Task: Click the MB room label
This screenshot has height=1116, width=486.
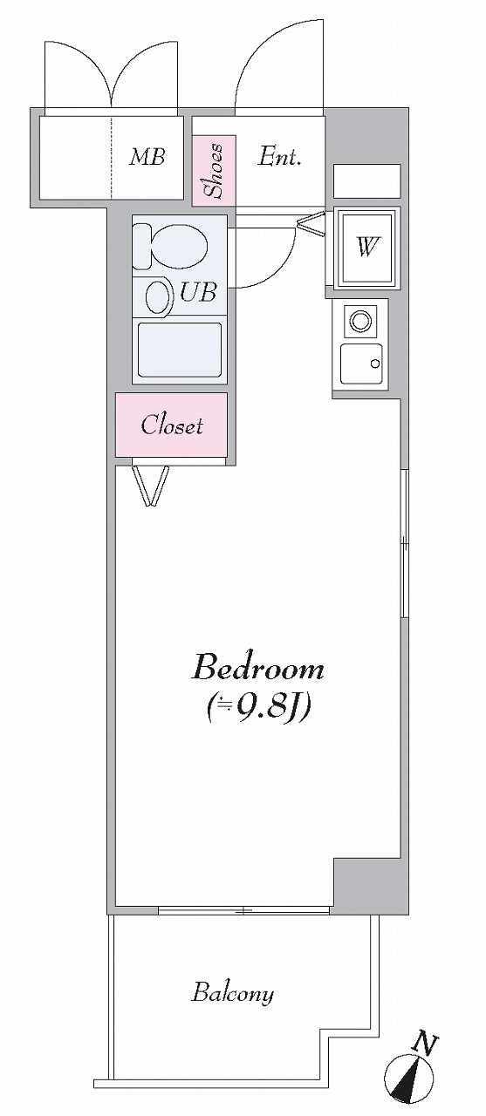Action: pos(147,158)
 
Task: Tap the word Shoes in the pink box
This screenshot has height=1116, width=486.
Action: pos(215,170)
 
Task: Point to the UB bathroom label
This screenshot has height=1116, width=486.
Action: pos(198,292)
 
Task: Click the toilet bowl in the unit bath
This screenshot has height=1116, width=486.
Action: pos(171,246)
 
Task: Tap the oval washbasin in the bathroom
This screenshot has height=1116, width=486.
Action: pos(158,298)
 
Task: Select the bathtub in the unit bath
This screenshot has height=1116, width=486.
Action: pos(180,350)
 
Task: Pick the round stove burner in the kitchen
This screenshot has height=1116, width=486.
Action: pos(359,320)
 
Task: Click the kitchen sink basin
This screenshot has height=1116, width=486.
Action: pos(362,364)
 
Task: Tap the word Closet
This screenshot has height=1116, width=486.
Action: pos(172,425)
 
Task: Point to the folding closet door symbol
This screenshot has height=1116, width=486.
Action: pos(151,486)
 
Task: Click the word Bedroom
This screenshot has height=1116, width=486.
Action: pos(258,668)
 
